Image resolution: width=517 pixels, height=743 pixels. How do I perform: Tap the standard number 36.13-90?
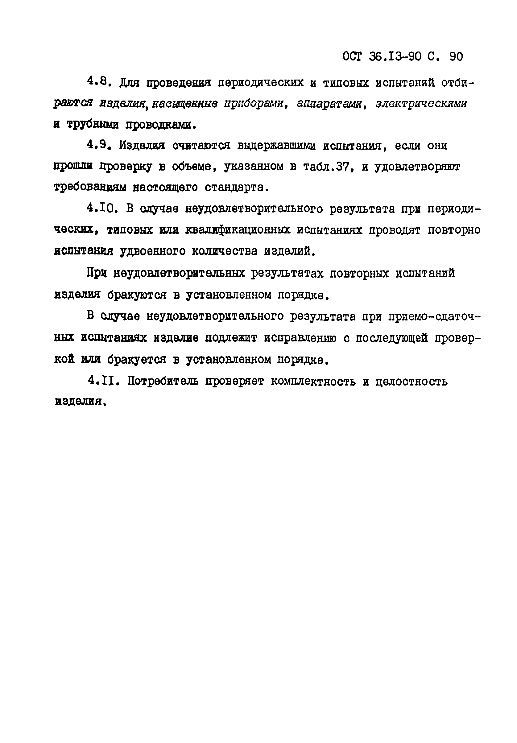click(x=395, y=57)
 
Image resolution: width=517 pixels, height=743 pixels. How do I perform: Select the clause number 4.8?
click(x=98, y=81)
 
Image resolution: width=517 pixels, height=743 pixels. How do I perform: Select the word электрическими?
click(x=421, y=104)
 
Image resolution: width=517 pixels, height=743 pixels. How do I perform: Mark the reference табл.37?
click(x=328, y=166)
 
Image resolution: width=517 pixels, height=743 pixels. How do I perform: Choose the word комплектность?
click(x=313, y=381)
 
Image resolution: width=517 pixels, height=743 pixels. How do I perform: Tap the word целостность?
click(x=411, y=381)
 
